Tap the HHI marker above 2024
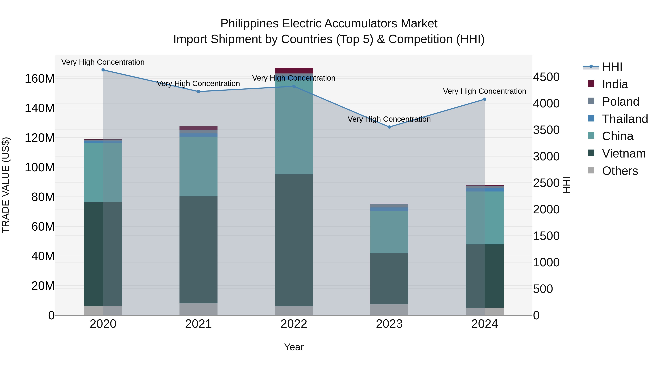point(485,99)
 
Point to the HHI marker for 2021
point(198,92)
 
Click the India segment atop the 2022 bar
point(294,71)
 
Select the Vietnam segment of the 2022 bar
point(294,240)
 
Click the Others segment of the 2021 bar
point(198,309)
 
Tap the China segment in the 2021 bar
point(198,166)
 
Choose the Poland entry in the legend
point(621,102)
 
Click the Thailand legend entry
point(625,119)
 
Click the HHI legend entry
point(612,67)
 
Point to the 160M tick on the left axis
point(40,79)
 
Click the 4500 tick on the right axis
point(546,77)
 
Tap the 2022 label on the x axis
point(294,324)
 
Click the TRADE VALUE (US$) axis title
point(6,185)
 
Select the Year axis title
point(294,347)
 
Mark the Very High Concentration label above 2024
point(484,91)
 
